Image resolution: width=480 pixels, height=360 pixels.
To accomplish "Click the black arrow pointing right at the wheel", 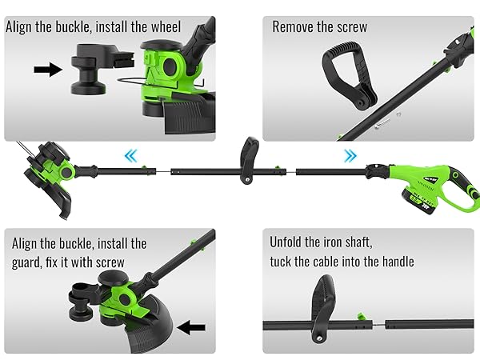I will point(48,70).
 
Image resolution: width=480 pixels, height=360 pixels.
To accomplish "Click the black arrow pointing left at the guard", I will point(193,326).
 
